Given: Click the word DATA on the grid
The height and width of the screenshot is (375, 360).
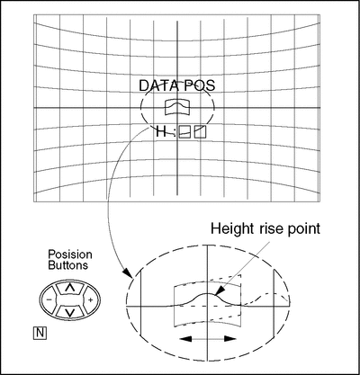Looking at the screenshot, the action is [158, 85].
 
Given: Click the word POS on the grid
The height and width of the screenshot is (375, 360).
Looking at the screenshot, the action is [200, 85].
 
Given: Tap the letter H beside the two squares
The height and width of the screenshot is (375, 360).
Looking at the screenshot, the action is [161, 132].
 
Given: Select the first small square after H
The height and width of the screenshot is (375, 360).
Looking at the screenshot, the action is [184, 132].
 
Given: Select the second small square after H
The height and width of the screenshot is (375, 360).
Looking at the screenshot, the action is [201, 132].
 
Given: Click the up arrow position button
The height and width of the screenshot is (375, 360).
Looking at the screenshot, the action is [70, 288].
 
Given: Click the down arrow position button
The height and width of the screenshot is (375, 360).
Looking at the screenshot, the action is [70, 312].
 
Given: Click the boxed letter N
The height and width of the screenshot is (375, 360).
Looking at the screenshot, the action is [40, 333].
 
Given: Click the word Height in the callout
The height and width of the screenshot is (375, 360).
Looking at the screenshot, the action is [228, 229].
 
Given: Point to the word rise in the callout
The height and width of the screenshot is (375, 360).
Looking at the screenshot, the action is [263, 229].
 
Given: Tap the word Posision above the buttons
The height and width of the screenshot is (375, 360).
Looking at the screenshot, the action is [70, 254].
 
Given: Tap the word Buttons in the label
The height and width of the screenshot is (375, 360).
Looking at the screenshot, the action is [68, 265].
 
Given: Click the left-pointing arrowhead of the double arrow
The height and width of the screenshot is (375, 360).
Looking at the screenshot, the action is [185, 339].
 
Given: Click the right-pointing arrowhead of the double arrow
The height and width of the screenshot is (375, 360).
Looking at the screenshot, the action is [230, 339].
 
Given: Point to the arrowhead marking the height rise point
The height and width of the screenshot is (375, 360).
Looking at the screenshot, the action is [220, 290].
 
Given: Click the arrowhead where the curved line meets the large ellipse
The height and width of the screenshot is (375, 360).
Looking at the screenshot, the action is [128, 272].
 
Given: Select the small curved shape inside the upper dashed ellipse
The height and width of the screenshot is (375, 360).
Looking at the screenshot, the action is [177, 107].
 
